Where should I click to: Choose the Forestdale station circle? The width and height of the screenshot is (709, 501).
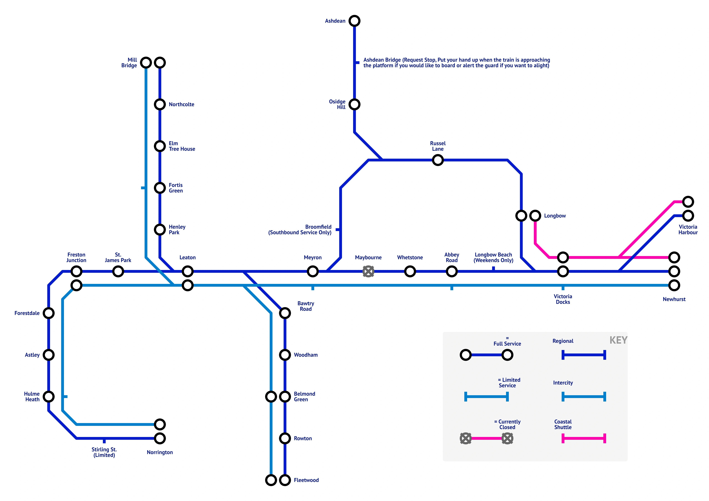tap(49, 313)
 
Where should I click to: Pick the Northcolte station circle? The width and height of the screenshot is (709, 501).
tap(160, 105)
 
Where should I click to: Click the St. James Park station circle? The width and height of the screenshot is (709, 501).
tap(118, 271)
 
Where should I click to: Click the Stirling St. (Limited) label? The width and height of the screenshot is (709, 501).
tap(104, 452)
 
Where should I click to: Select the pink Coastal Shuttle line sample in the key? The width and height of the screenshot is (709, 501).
tap(584, 438)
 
